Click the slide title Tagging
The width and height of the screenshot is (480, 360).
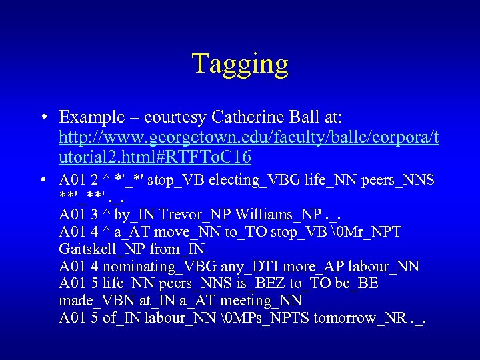(240, 64)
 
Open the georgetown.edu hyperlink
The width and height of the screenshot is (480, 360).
(249, 138)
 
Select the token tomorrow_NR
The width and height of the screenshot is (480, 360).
(359, 318)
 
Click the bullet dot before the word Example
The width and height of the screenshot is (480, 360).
(42, 118)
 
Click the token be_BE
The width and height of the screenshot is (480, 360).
(357, 284)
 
